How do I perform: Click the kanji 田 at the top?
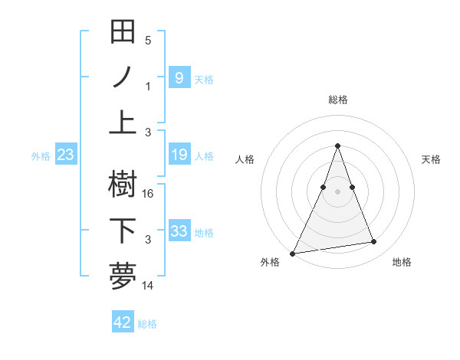(123, 32)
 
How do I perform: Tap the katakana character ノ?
(123, 77)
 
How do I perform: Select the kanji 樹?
(123, 185)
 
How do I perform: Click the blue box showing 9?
(179, 77)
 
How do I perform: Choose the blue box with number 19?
(179, 155)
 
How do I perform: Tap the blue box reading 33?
(179, 231)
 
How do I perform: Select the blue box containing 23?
(65, 155)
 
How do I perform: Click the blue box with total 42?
(123, 322)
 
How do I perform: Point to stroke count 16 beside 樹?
(149, 194)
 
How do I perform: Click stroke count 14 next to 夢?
(149, 286)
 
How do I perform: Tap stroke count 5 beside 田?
(148, 41)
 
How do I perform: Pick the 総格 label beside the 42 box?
(147, 324)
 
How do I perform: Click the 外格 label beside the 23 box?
(41, 156)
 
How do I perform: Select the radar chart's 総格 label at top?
(337, 100)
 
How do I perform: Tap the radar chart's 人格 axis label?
(245, 159)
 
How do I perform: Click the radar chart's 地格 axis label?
(402, 262)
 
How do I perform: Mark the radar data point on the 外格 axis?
(293, 253)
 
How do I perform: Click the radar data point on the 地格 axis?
(373, 242)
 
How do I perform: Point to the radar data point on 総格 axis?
(337, 146)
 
